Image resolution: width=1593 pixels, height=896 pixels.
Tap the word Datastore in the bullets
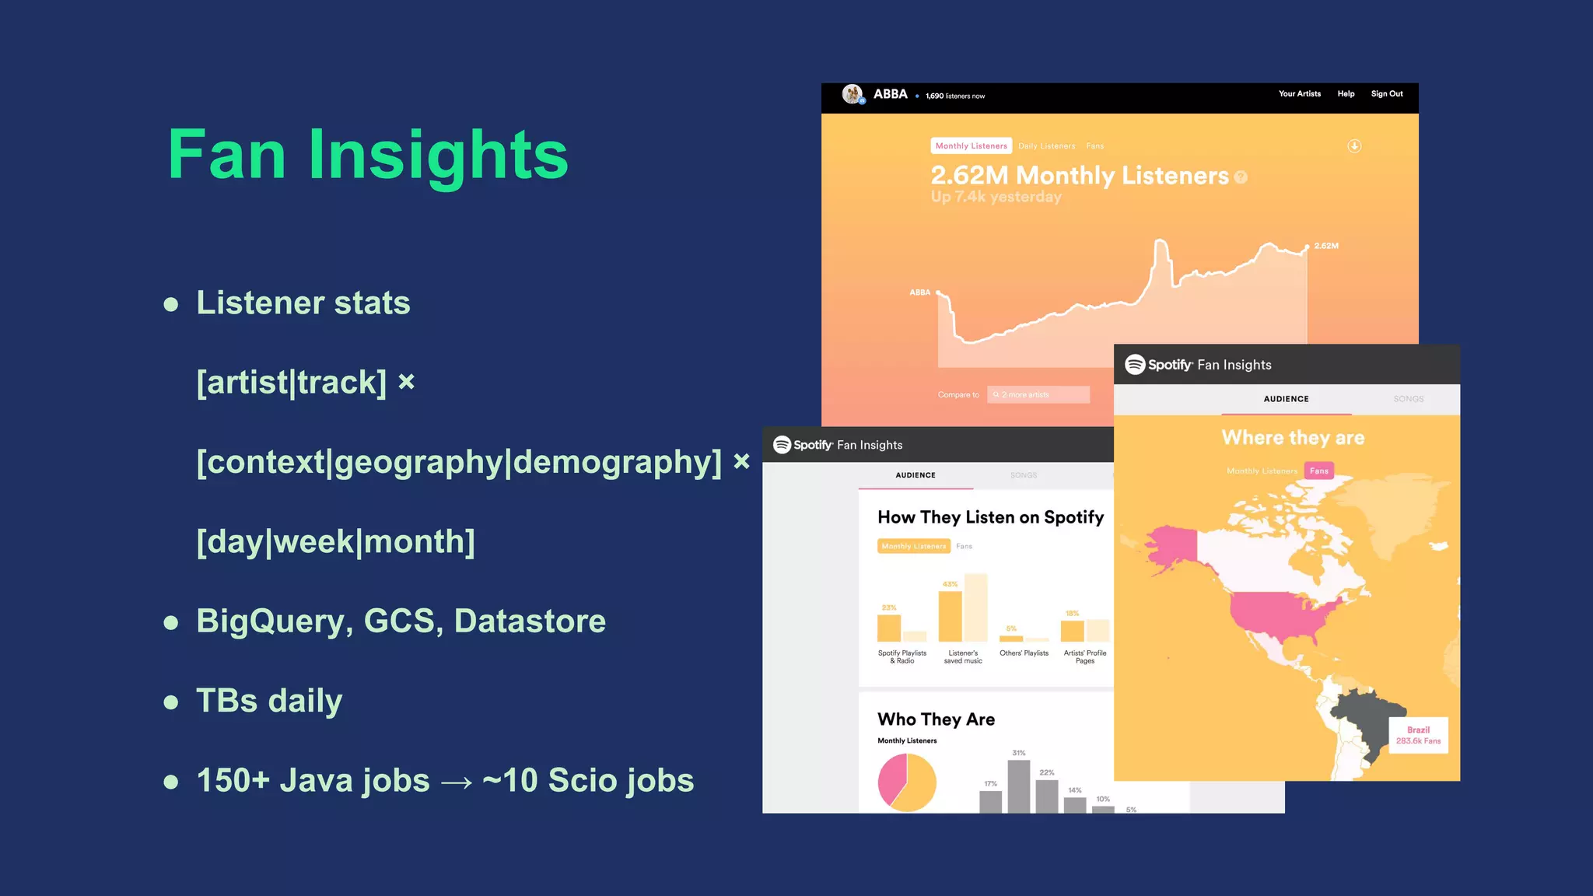(x=530, y=621)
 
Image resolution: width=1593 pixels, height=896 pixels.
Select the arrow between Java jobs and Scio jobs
(x=456, y=782)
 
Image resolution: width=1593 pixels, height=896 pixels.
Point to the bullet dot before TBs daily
(x=171, y=702)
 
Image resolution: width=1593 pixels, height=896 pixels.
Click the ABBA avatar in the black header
(x=853, y=95)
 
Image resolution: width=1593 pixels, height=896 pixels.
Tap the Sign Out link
(x=1387, y=94)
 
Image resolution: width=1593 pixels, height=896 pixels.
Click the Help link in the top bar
(x=1346, y=94)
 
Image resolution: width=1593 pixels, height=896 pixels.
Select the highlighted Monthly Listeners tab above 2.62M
(x=971, y=146)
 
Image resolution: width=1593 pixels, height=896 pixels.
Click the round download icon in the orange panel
(x=1354, y=146)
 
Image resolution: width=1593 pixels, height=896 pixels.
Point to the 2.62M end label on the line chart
(x=1326, y=246)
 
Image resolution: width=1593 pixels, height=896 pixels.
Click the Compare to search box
(x=1038, y=395)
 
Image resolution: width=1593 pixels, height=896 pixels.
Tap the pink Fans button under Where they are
(x=1318, y=471)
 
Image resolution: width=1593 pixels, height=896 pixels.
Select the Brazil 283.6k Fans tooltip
(x=1418, y=735)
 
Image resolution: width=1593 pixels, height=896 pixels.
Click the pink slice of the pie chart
(x=891, y=778)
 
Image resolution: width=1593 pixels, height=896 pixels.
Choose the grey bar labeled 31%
(x=1018, y=786)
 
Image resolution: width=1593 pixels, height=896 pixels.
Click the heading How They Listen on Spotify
(x=990, y=518)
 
